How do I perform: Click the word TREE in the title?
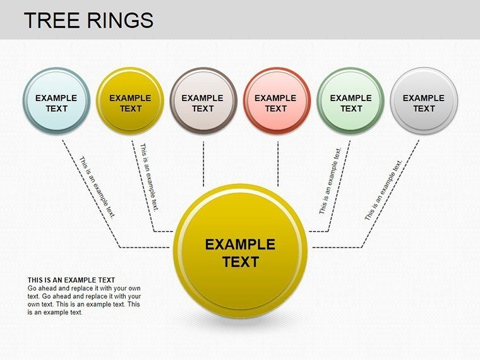pos(52,20)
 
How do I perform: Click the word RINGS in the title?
pos(120,20)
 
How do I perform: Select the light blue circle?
pos(57,100)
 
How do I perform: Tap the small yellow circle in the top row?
pos(130,100)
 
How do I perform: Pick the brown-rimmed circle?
pos(203,100)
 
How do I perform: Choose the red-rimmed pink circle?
pos(277,100)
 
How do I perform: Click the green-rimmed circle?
pos(351,100)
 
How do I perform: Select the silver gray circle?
pos(424,100)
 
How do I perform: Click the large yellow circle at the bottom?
pos(240,251)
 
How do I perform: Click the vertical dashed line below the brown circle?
pos(203,164)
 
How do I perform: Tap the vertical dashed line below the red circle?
pos(278,164)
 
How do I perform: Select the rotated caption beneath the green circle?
pos(330,181)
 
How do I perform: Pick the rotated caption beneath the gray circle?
pos(383,190)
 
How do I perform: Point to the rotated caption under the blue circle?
pos(97,188)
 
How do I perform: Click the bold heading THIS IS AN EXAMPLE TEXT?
pos(71,280)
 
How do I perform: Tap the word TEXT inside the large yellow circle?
pos(241,262)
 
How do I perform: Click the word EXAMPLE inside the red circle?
pos(275,98)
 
